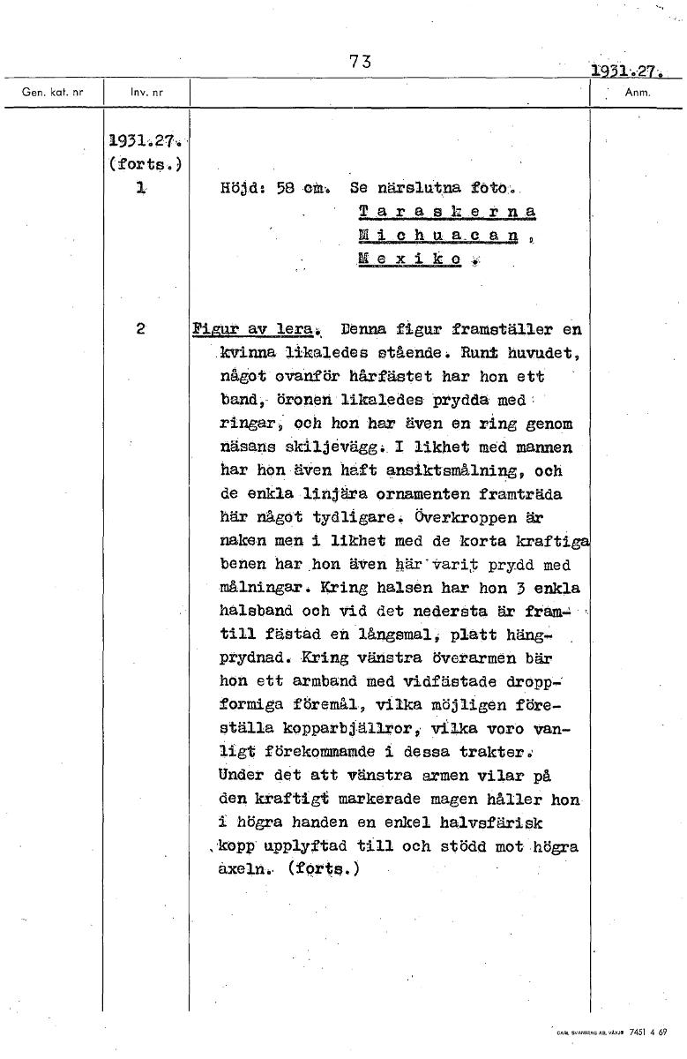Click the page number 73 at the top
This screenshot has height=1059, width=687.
360,62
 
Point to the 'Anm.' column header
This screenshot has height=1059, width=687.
635,91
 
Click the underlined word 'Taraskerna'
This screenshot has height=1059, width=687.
448,212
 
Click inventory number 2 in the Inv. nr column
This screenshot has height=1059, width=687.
141,329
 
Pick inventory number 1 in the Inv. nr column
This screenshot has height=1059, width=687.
141,188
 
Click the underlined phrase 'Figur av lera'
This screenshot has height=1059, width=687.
250,330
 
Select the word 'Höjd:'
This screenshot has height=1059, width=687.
240,189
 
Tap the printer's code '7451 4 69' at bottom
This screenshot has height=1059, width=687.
650,1030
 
